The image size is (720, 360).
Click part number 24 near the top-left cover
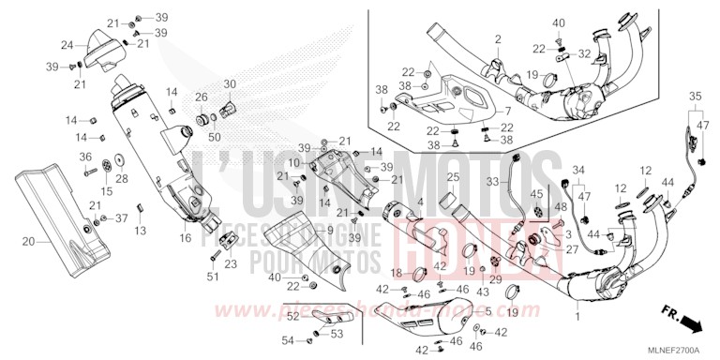[x=67, y=44]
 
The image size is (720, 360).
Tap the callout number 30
[x=230, y=84]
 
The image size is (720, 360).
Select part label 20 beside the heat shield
[x=29, y=242]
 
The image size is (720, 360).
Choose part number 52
[x=292, y=316]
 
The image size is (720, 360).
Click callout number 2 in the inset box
[x=498, y=38]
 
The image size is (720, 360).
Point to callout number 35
[x=696, y=97]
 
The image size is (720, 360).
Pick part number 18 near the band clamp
[x=396, y=274]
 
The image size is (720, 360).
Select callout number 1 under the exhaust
[x=577, y=320]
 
